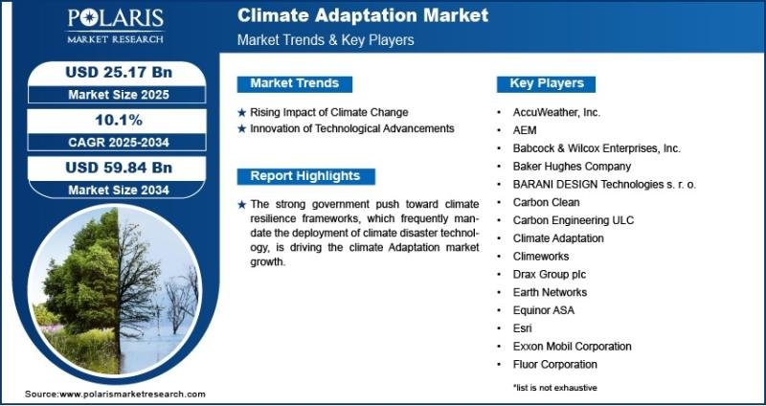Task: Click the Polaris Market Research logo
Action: pos(116,25)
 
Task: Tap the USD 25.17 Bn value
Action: pos(119,73)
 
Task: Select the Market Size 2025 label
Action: pos(119,94)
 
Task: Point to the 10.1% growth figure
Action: pos(119,120)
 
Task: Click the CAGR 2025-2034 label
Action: pos(119,142)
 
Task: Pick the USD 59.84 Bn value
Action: pos(119,168)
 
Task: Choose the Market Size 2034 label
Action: pos(119,190)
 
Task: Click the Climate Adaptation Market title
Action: pos(363,15)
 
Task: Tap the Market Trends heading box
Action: pos(295,83)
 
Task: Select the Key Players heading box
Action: pos(546,83)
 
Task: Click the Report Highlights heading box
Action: pos(305,176)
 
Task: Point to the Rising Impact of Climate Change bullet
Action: pos(328,112)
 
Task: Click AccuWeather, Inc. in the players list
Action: pos(556,112)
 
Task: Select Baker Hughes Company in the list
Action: pos(572,167)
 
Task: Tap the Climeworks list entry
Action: pos(541,256)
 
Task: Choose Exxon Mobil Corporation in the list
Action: pos(572,347)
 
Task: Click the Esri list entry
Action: pos(522,328)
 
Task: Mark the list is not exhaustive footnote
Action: pos(554,388)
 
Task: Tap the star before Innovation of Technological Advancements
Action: pos(242,129)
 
